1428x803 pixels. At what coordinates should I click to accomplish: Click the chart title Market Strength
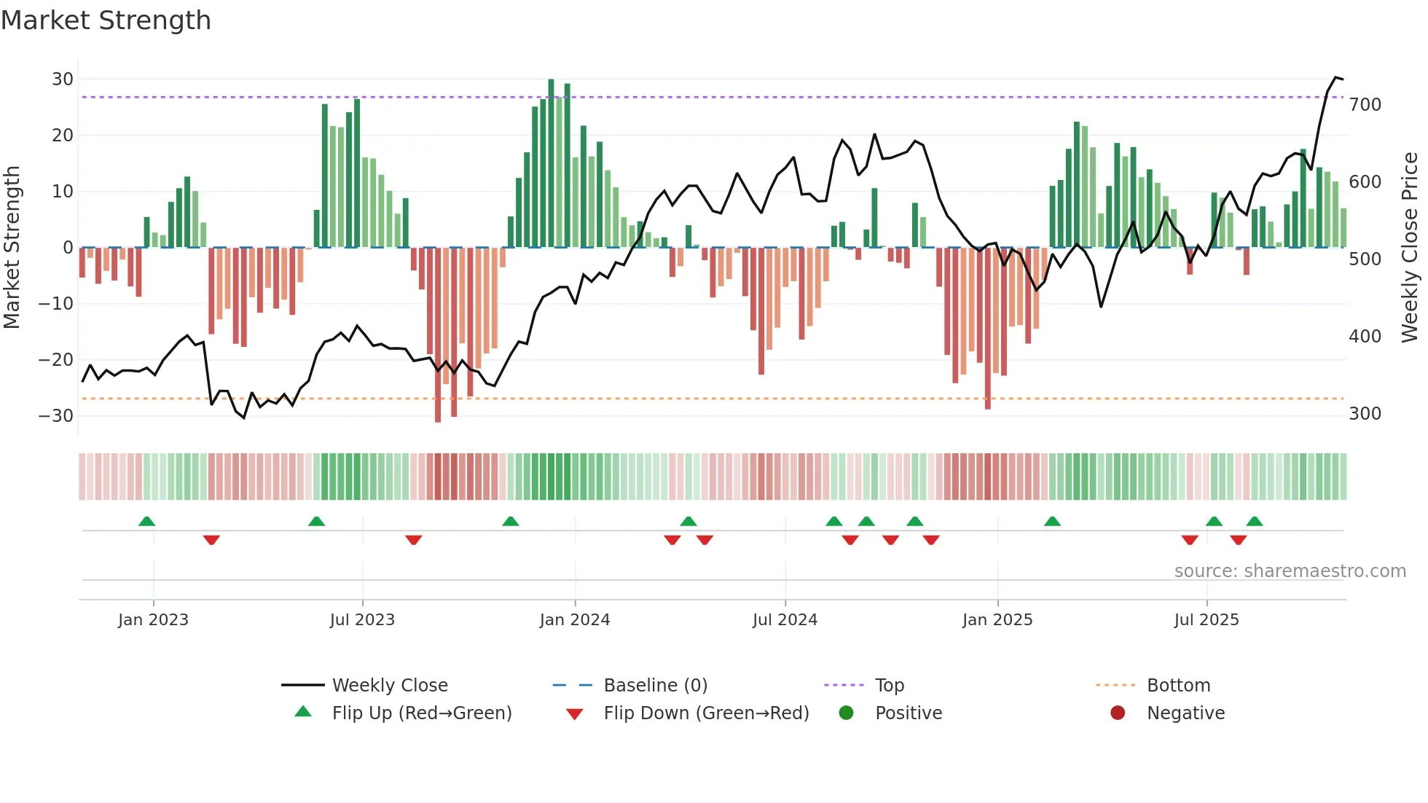click(x=106, y=20)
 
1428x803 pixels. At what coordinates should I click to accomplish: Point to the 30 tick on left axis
click(x=63, y=79)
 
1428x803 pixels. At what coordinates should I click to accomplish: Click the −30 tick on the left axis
click(x=57, y=416)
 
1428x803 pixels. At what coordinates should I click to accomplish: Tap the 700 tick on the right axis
click(x=1365, y=105)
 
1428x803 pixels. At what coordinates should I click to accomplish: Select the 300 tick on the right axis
click(x=1365, y=414)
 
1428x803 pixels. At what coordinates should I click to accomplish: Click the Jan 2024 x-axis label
click(x=574, y=620)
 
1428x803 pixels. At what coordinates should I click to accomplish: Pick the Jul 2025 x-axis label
click(x=1206, y=620)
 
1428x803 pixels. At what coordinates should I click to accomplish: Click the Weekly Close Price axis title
click(x=1410, y=248)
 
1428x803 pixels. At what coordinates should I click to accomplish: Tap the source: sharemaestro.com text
click(x=1290, y=571)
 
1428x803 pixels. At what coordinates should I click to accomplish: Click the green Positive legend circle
click(x=846, y=713)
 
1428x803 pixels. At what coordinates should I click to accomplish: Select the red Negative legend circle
click(x=1118, y=713)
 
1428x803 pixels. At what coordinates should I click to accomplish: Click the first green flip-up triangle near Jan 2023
click(x=146, y=522)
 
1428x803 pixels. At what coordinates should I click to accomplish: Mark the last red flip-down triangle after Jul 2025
click(x=1238, y=540)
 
